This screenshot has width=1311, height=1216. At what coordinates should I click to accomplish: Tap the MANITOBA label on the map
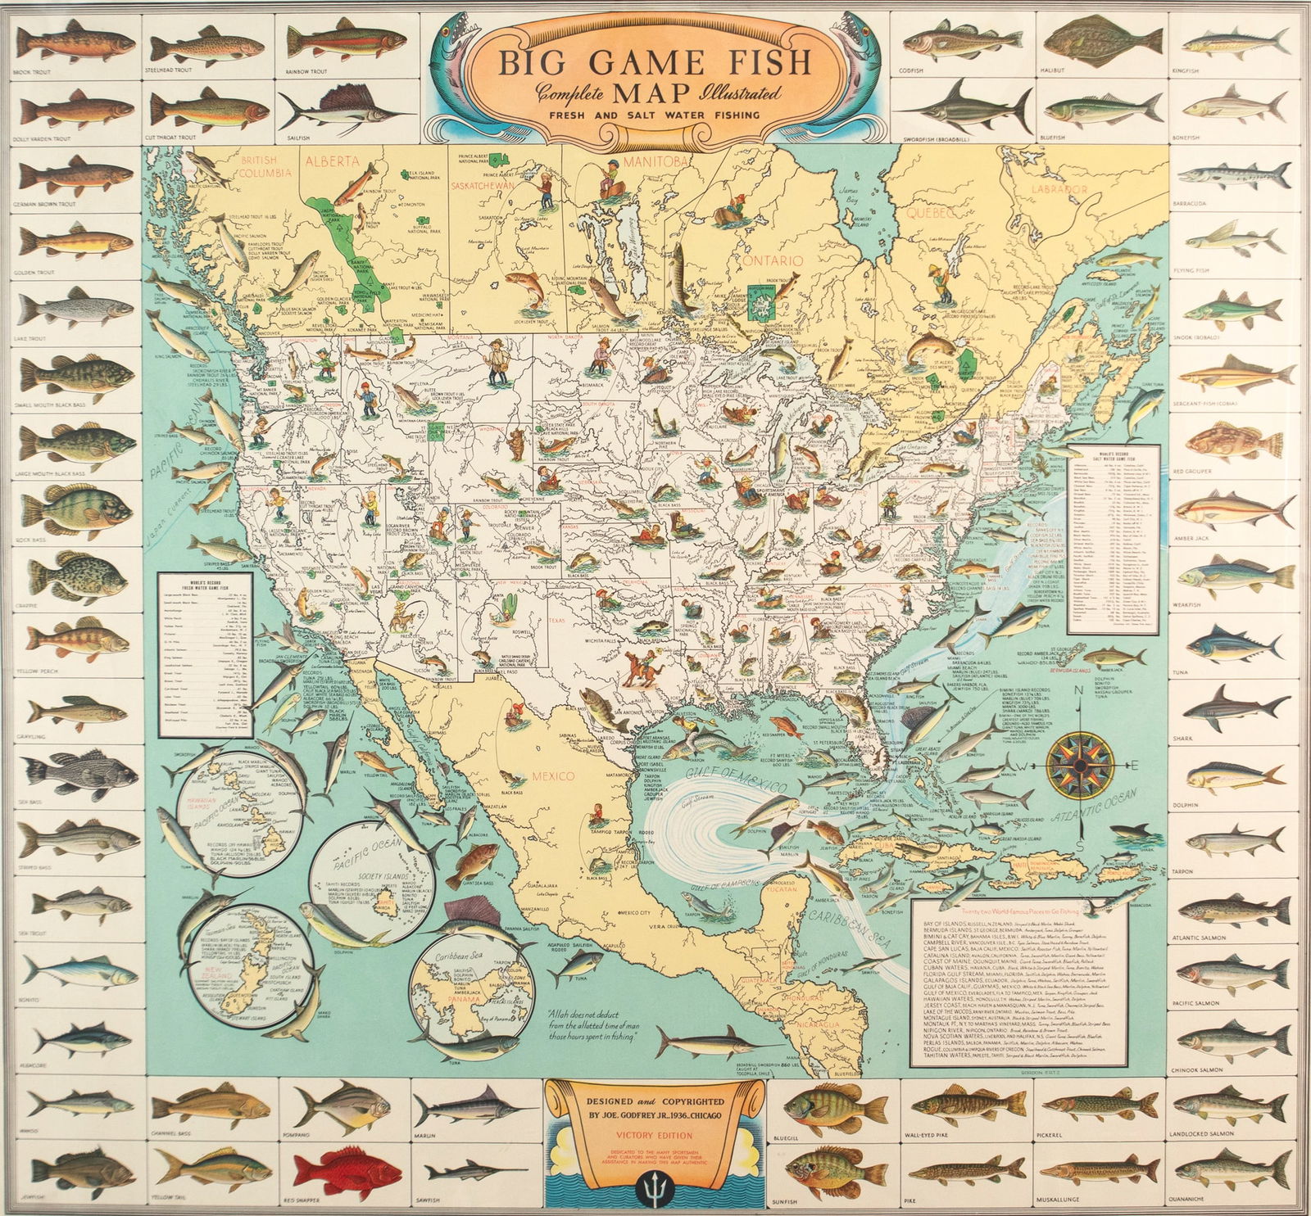[x=658, y=161]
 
